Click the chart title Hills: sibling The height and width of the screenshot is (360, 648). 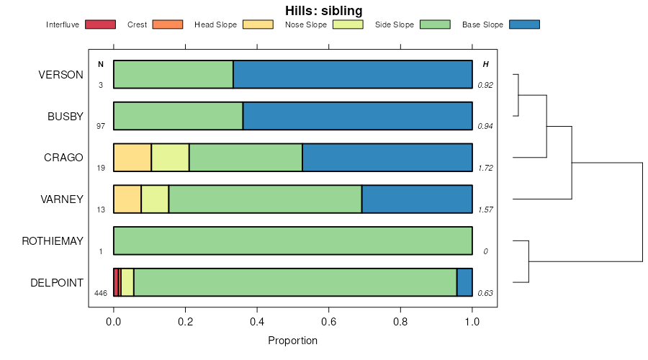point(323,10)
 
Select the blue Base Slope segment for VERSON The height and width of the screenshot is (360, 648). point(353,74)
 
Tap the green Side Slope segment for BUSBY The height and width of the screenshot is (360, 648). point(178,116)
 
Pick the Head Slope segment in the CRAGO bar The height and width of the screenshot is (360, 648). point(132,158)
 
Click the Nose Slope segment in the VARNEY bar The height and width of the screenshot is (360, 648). point(155,199)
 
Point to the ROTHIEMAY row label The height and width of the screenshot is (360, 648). point(53,241)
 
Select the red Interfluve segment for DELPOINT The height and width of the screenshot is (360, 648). point(116,282)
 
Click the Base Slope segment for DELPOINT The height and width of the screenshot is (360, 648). point(464,282)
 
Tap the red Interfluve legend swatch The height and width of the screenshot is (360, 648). point(100,24)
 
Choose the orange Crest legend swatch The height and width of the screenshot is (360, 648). point(168,24)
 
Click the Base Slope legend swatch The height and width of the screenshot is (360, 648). point(524,24)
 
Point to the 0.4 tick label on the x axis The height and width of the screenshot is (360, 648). point(257,322)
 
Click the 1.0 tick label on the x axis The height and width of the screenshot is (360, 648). point(472,322)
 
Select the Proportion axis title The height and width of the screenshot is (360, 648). point(292,341)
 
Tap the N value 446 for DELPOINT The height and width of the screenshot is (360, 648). point(101,293)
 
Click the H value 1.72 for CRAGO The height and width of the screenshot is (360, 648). point(485,168)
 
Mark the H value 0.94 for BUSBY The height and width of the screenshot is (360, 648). point(485,126)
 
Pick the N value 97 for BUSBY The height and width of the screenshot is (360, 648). point(101,126)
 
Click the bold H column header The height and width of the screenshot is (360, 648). point(485,64)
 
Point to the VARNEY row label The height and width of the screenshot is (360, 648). point(62,199)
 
